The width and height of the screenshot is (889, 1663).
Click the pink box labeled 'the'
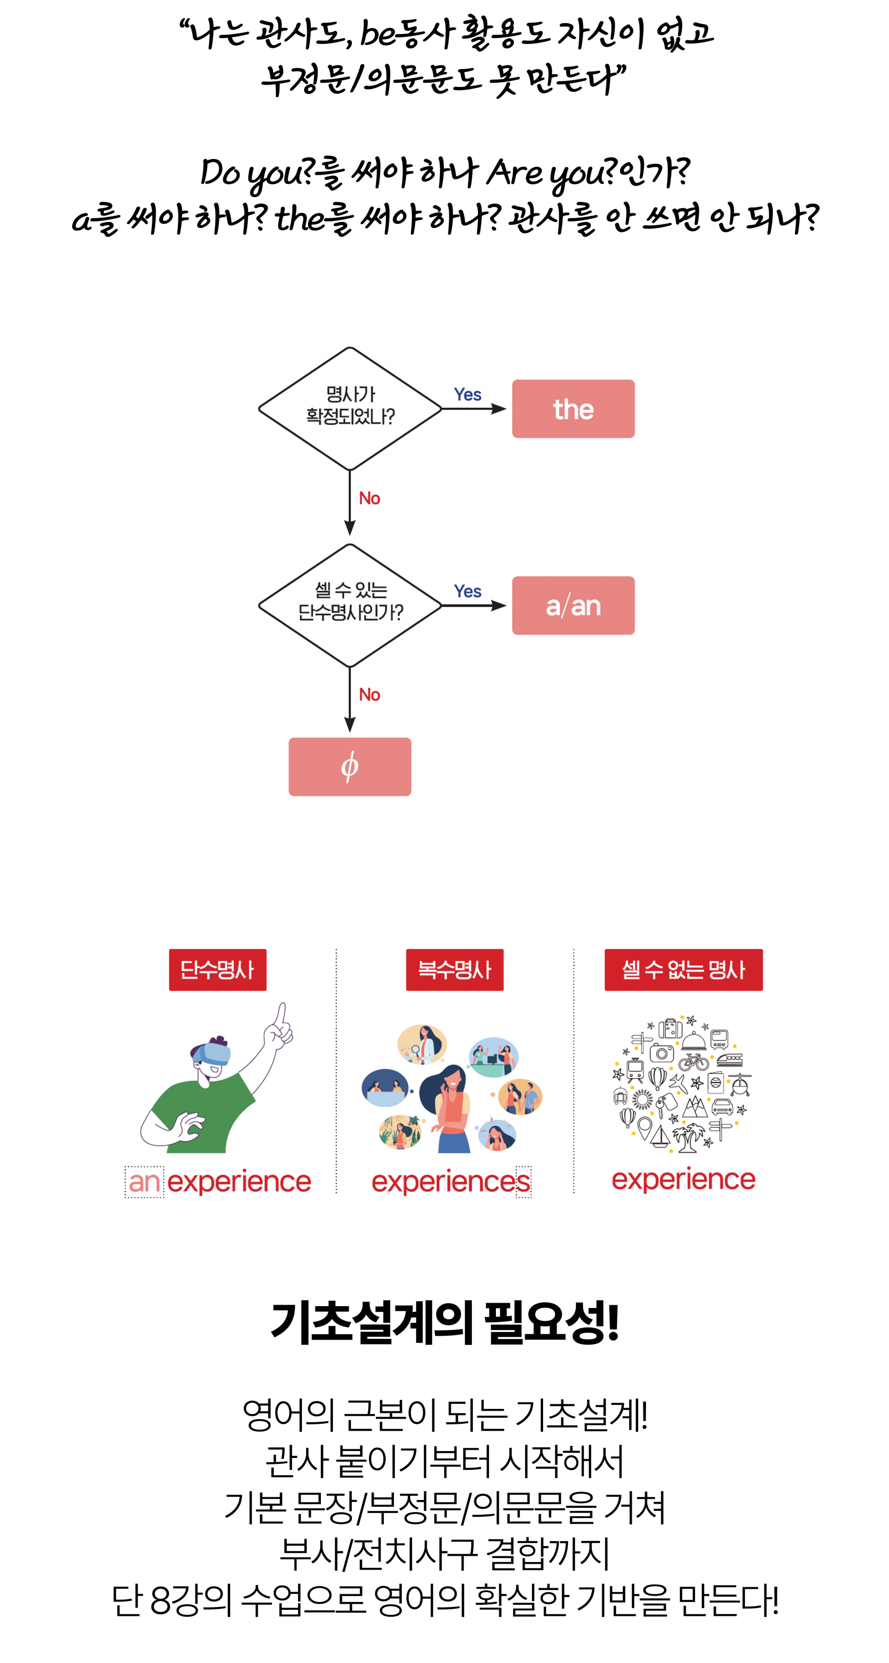[x=573, y=409]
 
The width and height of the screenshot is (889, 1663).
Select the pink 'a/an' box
[x=573, y=605]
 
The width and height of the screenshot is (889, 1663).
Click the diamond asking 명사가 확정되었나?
[x=350, y=409]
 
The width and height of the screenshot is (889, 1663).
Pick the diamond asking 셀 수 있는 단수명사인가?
[x=350, y=605]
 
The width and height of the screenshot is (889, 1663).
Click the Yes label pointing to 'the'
[x=467, y=394]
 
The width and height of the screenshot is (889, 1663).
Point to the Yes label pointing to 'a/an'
[x=467, y=592]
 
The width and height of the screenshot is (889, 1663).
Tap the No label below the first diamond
[x=369, y=498]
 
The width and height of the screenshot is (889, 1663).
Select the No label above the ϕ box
[x=369, y=695]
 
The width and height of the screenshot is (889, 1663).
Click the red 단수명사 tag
[x=218, y=970]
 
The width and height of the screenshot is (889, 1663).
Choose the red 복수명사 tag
[x=455, y=970]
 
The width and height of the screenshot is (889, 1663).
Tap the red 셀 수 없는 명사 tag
[x=684, y=970]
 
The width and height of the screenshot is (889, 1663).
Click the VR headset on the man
[x=213, y=1053]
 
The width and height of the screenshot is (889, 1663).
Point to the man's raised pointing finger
[x=281, y=1014]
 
